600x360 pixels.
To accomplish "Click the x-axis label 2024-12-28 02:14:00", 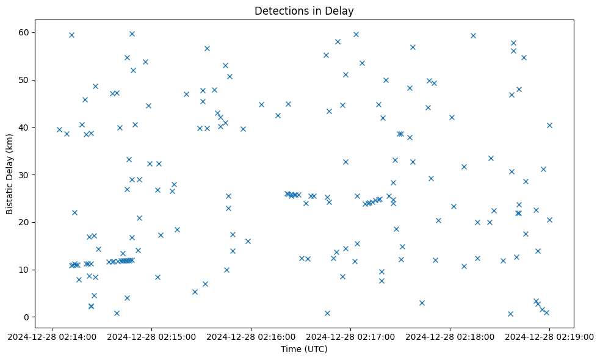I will tap(52, 336).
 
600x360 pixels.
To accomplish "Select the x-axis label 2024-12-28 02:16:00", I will tap(251, 336).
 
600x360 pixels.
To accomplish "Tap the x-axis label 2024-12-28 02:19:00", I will tap(549, 336).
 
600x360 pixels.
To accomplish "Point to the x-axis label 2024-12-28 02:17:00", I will tap(350, 336).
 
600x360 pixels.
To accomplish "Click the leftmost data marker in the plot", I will tap(59, 129).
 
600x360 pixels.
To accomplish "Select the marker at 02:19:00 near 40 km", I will tap(549, 125).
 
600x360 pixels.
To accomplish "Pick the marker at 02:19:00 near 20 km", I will tap(549, 220).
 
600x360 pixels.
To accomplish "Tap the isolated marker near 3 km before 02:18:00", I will tap(422, 303).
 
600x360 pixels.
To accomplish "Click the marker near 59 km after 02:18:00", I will tap(473, 35).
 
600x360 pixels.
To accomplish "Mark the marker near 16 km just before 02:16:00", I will tap(248, 241).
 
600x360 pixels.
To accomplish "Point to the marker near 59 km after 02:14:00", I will tap(71, 35).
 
